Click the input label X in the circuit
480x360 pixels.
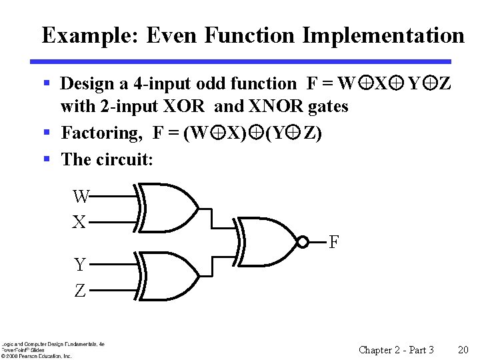point(79,222)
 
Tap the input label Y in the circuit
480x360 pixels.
point(80,265)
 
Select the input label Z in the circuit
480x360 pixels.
point(80,291)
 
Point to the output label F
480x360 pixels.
point(335,242)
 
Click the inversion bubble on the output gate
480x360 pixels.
point(303,241)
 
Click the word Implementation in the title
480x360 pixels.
point(383,35)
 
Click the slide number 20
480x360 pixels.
point(463,350)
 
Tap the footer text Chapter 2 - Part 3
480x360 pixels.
point(396,350)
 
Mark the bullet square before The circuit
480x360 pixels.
point(47,159)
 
